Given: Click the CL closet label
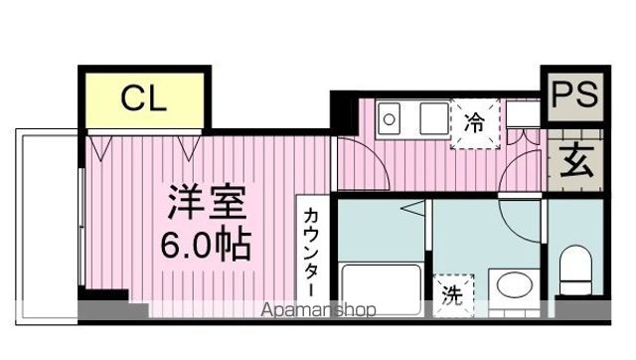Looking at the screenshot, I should (145, 99).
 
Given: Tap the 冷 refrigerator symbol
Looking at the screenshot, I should (474, 124).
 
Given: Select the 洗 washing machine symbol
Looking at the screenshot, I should (452, 294).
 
